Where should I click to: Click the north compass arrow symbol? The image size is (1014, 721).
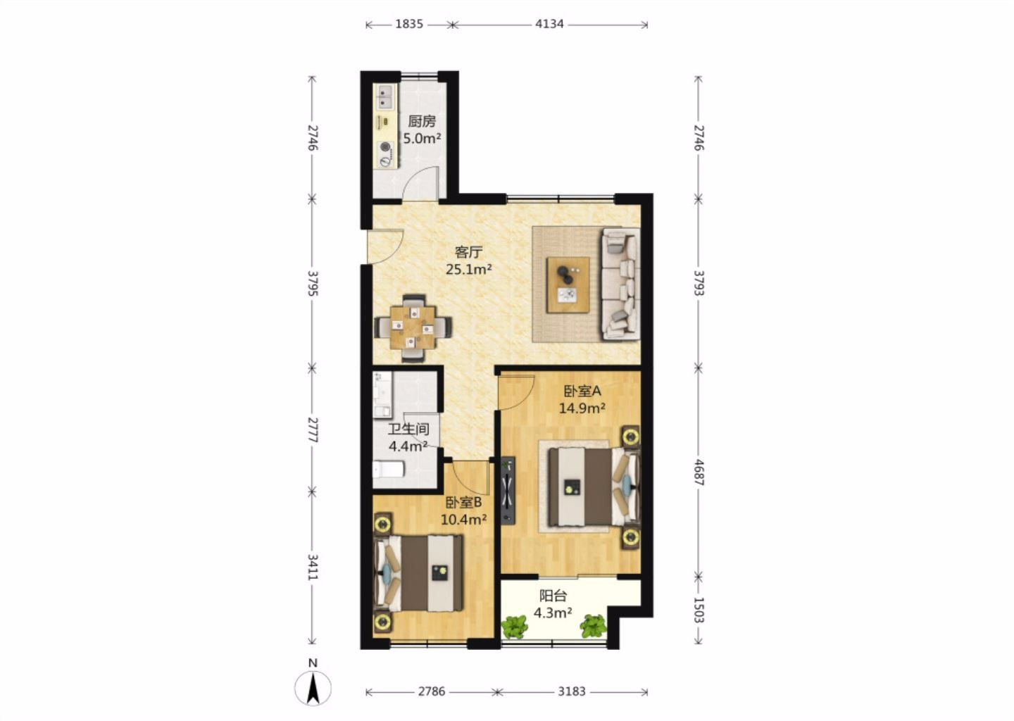pyautogui.click(x=313, y=689)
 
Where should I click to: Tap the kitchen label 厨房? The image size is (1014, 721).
pyautogui.click(x=422, y=121)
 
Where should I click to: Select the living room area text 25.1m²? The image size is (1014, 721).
pyautogui.click(x=469, y=269)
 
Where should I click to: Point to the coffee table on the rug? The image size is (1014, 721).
pyautogui.click(x=568, y=284)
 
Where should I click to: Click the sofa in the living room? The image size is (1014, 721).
pyautogui.click(x=620, y=284)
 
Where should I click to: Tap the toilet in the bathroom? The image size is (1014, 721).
pyautogui.click(x=389, y=470)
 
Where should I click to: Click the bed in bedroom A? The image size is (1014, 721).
pyautogui.click(x=594, y=487)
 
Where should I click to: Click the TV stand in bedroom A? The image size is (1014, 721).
pyautogui.click(x=508, y=490)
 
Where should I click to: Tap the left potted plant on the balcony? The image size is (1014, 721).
pyautogui.click(x=515, y=627)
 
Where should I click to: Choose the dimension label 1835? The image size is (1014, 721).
pyautogui.click(x=409, y=24)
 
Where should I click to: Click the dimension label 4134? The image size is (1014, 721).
pyautogui.click(x=549, y=24)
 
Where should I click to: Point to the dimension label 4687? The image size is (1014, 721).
pyautogui.click(x=699, y=472)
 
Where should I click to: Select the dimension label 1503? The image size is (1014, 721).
pyautogui.click(x=699, y=610)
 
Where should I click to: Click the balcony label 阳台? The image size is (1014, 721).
pyautogui.click(x=553, y=596)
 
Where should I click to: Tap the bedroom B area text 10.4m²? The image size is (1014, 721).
pyautogui.click(x=464, y=519)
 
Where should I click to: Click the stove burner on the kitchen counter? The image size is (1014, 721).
pyautogui.click(x=384, y=146)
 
